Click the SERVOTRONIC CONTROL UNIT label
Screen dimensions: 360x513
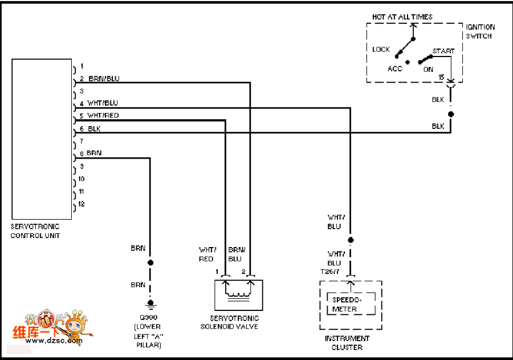coord(35,231)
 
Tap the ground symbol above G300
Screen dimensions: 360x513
coord(150,304)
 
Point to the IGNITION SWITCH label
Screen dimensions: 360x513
coord(481,31)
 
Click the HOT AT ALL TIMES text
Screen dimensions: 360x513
coord(402,17)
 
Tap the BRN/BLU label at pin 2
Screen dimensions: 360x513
coord(104,79)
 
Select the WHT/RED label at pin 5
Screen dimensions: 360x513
coord(103,116)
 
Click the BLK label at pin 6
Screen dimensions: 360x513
coord(95,129)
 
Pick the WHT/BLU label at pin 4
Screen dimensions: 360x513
coord(103,103)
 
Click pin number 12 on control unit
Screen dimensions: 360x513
coord(82,204)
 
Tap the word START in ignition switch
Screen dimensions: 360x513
coord(443,51)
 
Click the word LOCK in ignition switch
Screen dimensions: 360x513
coord(381,50)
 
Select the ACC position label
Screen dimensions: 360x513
coord(395,69)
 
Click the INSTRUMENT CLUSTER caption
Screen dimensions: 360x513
coord(347,342)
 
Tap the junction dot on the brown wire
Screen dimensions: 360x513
coord(150,263)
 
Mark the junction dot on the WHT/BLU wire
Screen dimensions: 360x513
coord(351,240)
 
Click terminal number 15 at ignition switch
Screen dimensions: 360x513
coord(441,77)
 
